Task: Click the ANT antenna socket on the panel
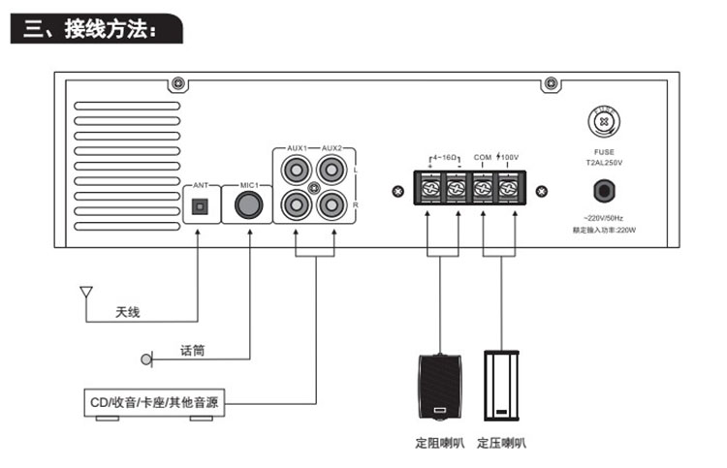[x=201, y=206]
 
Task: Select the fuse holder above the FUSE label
[x=605, y=123]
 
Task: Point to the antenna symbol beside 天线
[x=85, y=293]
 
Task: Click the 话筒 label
[x=192, y=350]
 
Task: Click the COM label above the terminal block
[x=483, y=156]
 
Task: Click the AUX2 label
[x=332, y=148]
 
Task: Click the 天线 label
[x=128, y=312]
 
